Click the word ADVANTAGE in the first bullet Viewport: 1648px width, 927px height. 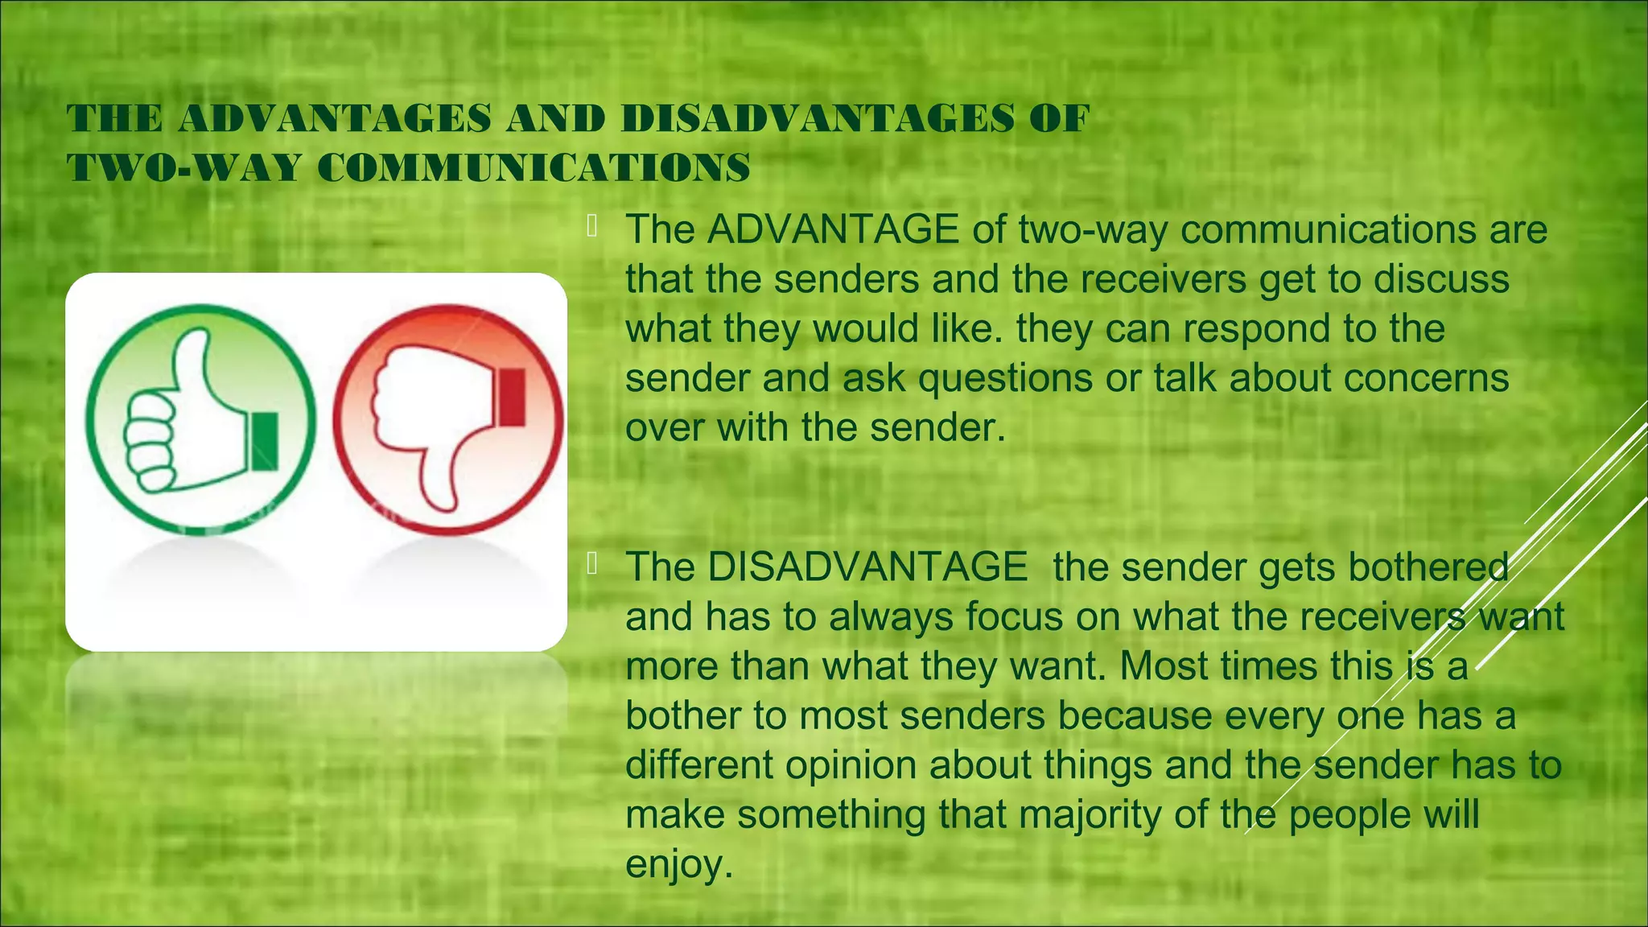click(833, 230)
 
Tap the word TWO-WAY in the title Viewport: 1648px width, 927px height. click(184, 168)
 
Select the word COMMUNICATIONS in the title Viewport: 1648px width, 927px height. click(534, 168)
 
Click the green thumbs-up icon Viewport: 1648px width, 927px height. click(200, 419)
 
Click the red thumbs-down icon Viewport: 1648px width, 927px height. click(447, 419)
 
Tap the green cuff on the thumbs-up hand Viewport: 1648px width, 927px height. click(264, 441)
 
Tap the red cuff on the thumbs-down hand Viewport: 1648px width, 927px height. click(512, 397)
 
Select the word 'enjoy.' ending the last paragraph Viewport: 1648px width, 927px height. click(679, 865)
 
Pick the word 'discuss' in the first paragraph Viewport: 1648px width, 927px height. click(1441, 279)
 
